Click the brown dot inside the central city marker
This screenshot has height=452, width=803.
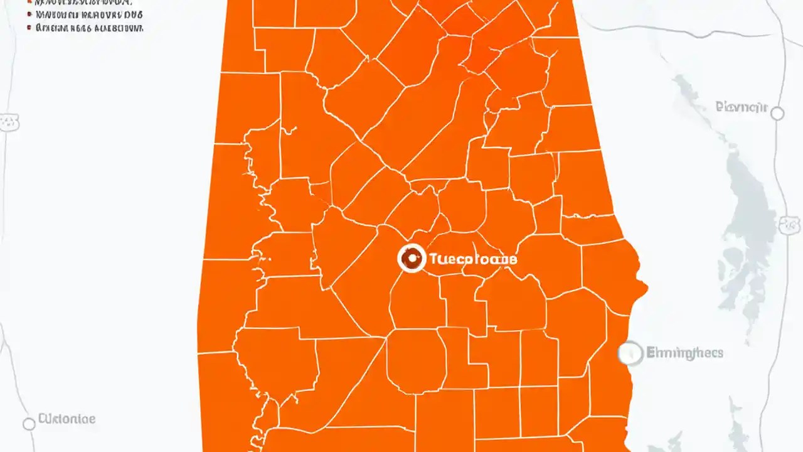[412, 257]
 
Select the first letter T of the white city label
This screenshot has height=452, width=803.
[433, 259]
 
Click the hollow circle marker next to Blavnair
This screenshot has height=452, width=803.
[777, 113]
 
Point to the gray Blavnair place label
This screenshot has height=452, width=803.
[741, 107]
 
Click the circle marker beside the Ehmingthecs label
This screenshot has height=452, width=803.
[630, 353]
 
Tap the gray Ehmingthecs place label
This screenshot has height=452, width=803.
[684, 353]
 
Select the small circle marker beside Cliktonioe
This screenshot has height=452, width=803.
[28, 424]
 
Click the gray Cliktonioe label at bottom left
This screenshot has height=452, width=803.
[67, 418]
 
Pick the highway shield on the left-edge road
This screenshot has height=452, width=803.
[10, 123]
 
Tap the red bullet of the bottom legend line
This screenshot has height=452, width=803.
[29, 28]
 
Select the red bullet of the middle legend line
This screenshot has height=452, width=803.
[29, 14]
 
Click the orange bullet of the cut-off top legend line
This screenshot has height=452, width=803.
[29, 2]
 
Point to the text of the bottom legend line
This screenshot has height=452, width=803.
[89, 28]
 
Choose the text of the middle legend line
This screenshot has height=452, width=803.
[89, 14]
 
